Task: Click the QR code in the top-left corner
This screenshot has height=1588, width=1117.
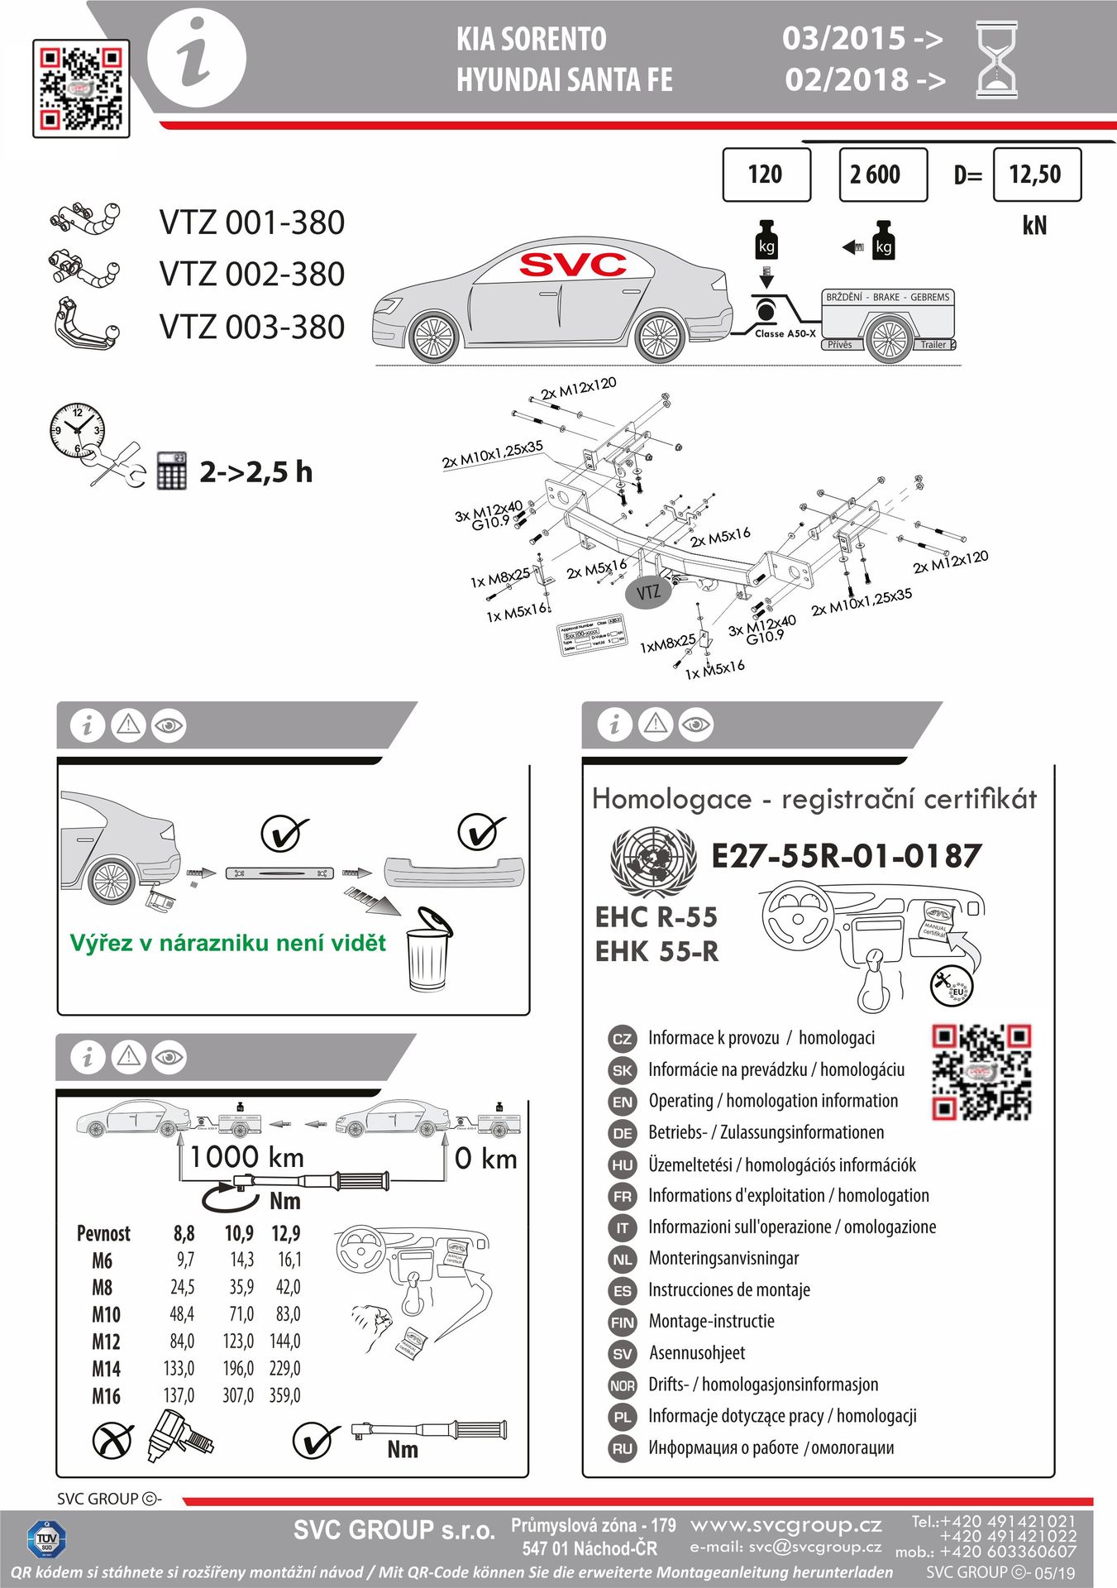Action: [81, 88]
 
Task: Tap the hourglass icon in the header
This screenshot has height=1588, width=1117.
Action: [996, 60]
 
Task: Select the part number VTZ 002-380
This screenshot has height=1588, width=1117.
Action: [251, 274]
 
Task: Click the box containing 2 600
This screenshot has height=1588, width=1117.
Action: [882, 175]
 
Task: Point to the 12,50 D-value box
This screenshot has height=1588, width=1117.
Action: [1036, 175]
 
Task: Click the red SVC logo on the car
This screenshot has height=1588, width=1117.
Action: [572, 265]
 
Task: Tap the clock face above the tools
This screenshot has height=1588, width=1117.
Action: [76, 429]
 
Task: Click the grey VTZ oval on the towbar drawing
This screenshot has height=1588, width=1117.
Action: [648, 592]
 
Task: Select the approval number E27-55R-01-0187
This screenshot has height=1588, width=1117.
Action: [846, 856]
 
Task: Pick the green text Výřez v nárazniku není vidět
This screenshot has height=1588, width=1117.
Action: [227, 943]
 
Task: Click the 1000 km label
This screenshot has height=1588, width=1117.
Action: [246, 1157]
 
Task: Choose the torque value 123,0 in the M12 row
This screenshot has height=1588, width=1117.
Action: [238, 1341]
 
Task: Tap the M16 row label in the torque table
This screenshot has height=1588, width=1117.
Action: [106, 1396]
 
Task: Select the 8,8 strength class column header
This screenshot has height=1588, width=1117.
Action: [184, 1233]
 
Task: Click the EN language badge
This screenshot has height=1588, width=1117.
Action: [622, 1102]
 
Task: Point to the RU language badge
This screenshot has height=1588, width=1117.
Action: [622, 1448]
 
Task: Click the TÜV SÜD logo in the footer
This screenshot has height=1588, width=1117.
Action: [46, 1540]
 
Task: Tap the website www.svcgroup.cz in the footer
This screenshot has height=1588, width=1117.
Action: [785, 1524]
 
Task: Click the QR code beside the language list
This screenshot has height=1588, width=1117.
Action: [981, 1072]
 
